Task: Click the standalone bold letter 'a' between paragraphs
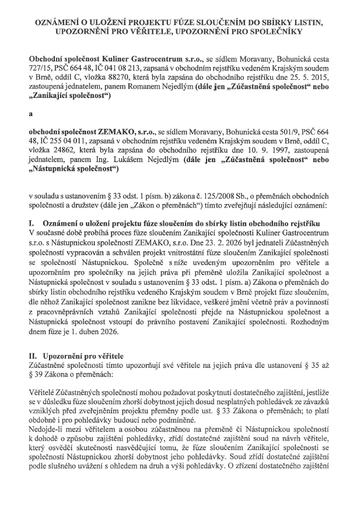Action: tap(30, 115)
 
